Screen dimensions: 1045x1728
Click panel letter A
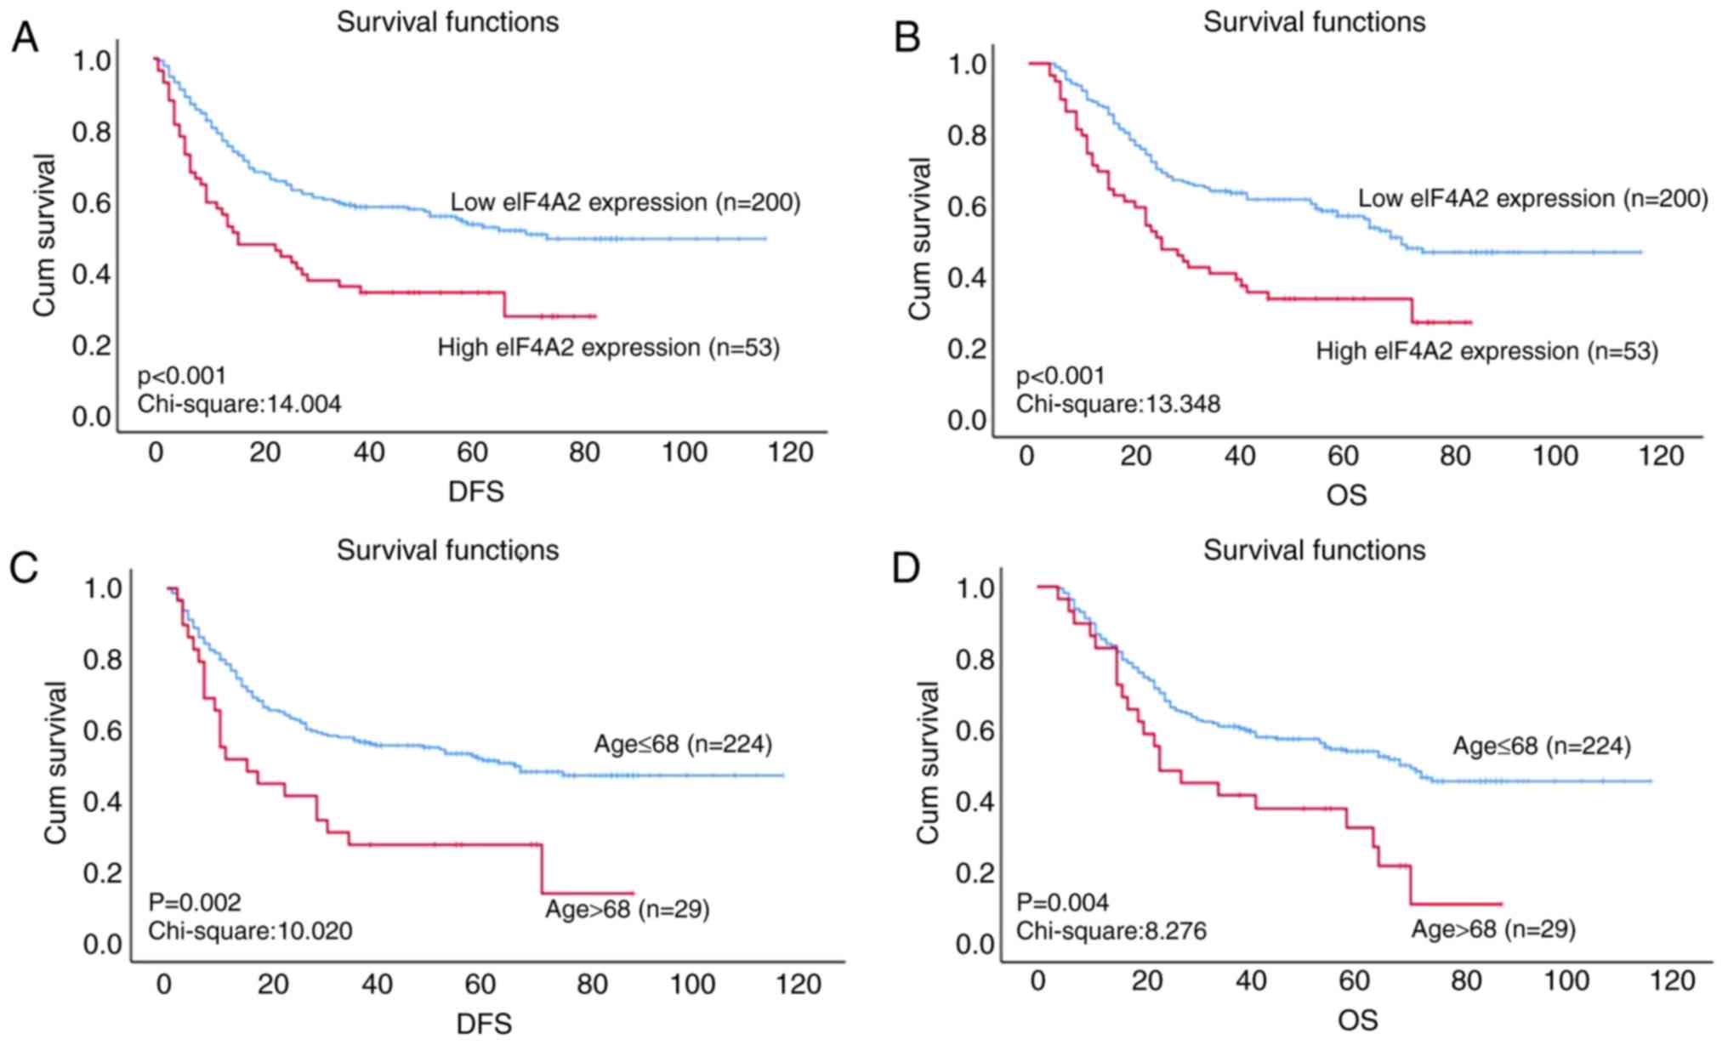25,37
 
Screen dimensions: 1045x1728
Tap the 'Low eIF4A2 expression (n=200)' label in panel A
625,202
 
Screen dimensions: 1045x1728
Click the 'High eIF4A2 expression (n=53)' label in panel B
1486,351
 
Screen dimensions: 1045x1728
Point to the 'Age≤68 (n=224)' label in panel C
683,745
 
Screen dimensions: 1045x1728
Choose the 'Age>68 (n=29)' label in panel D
1493,929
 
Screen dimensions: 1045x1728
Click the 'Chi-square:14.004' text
240,404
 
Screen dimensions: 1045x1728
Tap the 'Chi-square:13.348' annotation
1118,404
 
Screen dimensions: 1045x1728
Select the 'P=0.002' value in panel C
195,902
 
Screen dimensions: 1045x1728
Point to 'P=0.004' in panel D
1062,902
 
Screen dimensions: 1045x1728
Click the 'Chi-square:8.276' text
1111,932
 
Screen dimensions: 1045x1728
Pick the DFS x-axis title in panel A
476,491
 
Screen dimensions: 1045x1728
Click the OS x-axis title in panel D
1357,1019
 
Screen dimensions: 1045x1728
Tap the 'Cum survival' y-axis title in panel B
920,238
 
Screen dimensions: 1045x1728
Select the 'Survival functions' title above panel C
447,550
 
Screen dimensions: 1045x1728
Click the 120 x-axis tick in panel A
790,453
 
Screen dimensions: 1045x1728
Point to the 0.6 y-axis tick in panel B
967,207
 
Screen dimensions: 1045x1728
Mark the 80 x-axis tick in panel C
592,985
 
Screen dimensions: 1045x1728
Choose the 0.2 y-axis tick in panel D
975,873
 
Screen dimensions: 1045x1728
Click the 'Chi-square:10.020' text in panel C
250,932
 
